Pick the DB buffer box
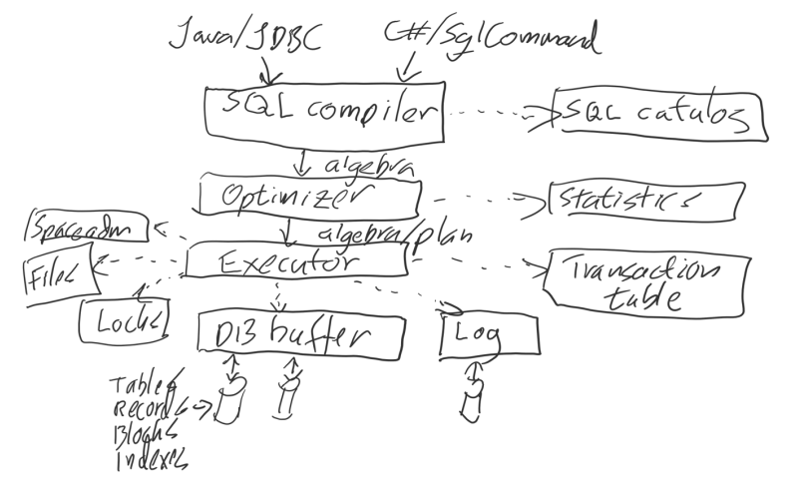[302, 334]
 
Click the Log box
[489, 335]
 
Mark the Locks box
[124, 319]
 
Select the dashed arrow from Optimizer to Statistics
[485, 198]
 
